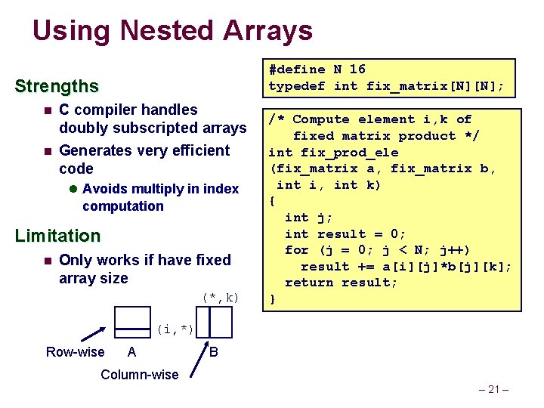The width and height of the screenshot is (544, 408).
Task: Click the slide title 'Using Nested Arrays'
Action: (x=172, y=31)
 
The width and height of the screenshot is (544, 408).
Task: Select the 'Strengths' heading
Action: (x=57, y=86)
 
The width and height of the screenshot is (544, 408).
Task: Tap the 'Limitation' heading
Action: (x=57, y=236)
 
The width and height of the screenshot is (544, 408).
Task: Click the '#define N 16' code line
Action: (x=317, y=70)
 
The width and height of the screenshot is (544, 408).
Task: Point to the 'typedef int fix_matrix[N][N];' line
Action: (x=386, y=86)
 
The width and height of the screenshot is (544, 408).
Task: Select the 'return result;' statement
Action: (x=341, y=283)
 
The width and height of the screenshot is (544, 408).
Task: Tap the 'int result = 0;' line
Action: (x=345, y=234)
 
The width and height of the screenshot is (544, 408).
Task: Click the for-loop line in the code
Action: (x=378, y=250)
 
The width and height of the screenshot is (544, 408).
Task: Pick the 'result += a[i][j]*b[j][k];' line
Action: (x=406, y=267)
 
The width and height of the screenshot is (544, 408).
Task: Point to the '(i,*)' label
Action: (x=175, y=329)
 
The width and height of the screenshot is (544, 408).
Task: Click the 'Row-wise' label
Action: (x=76, y=352)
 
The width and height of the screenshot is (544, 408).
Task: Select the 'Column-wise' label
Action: (x=140, y=375)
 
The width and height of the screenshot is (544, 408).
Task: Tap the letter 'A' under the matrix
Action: (x=132, y=352)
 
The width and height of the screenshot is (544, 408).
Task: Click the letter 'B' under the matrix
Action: (x=214, y=352)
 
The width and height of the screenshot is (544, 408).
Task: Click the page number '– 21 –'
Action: (x=496, y=390)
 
